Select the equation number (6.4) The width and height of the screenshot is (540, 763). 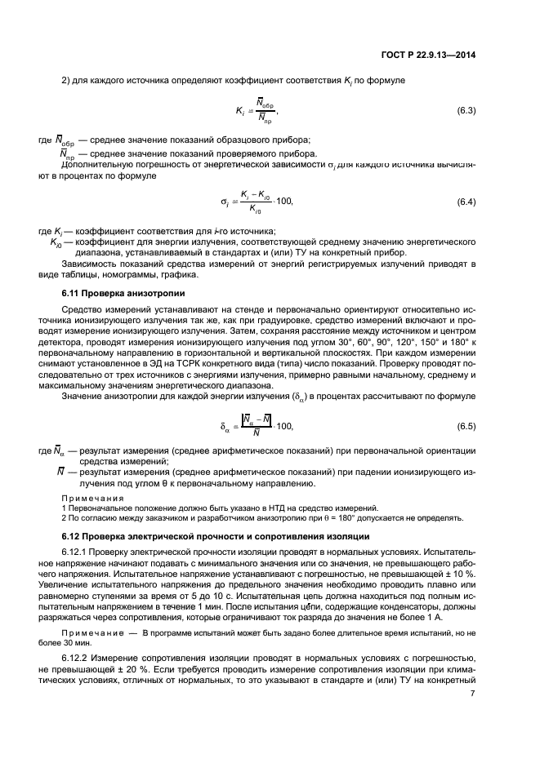point(466,201)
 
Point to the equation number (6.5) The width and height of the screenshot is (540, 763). point(466,426)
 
